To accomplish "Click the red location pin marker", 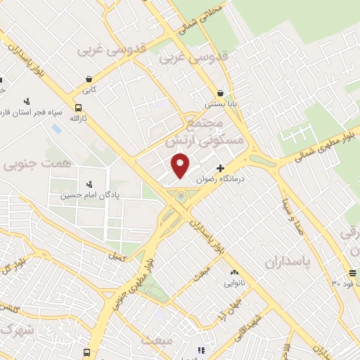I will [181, 165].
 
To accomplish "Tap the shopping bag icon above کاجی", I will [89, 79].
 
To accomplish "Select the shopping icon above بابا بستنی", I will [221, 92].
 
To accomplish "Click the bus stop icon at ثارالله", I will [77, 108].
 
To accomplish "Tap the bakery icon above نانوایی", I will [234, 272].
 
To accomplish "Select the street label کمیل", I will [117, 257].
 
